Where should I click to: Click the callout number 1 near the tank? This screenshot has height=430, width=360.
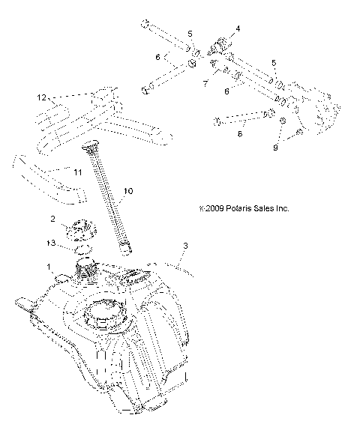tap(49, 267)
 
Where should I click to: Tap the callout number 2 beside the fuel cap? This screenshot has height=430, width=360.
tap(52, 219)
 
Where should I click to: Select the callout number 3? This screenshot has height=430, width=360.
tap(184, 246)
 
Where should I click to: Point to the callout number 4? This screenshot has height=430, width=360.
tap(238, 28)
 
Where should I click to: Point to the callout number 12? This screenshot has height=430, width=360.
tap(42, 98)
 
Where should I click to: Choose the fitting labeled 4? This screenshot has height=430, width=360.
tap(222, 46)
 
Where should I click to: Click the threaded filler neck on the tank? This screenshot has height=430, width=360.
tap(88, 271)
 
